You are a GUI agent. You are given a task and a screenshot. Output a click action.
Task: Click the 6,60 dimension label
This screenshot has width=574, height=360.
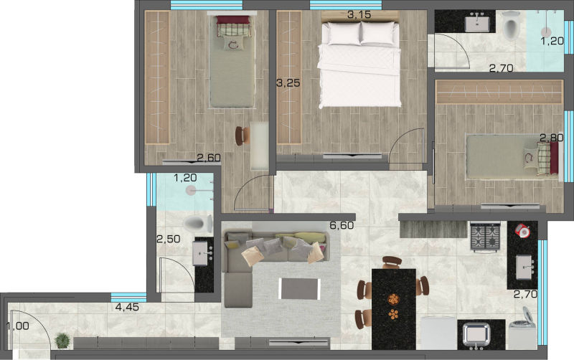click(x=342, y=225)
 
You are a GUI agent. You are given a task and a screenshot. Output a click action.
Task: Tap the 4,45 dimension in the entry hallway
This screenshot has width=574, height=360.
click(x=127, y=307)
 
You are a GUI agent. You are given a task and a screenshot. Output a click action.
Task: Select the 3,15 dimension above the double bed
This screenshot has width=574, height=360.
click(x=359, y=14)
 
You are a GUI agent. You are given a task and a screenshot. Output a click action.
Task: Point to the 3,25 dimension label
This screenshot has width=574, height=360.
click(x=288, y=83)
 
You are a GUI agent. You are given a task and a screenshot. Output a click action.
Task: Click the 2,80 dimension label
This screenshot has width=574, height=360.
click(x=552, y=138)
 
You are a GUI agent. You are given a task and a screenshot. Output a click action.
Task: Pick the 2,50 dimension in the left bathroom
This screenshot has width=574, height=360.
click(x=169, y=240)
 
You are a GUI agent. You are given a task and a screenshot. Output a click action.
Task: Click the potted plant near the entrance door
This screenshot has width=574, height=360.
click(x=62, y=341)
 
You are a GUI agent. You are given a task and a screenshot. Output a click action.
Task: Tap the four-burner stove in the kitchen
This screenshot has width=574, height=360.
click(x=486, y=237)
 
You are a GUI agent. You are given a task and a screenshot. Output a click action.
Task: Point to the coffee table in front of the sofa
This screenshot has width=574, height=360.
click(x=299, y=289)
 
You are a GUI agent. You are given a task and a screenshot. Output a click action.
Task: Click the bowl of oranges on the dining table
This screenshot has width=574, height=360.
click(x=393, y=299)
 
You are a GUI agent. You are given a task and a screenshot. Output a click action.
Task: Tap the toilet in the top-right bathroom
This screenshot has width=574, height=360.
click(x=511, y=25)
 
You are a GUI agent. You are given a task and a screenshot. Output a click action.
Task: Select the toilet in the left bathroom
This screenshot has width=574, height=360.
click(x=198, y=224)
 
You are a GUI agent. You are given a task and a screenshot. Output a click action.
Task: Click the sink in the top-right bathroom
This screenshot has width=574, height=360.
click(x=477, y=22)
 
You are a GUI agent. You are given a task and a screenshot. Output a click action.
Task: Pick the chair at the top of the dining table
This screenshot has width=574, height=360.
click(x=392, y=262)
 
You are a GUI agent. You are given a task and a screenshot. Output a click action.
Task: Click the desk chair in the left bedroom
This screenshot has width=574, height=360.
click(x=241, y=136)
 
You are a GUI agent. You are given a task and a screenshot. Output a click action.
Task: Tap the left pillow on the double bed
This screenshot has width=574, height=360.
click(x=344, y=33)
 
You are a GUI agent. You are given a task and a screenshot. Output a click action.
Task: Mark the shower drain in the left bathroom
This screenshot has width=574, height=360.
click(x=191, y=190)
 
